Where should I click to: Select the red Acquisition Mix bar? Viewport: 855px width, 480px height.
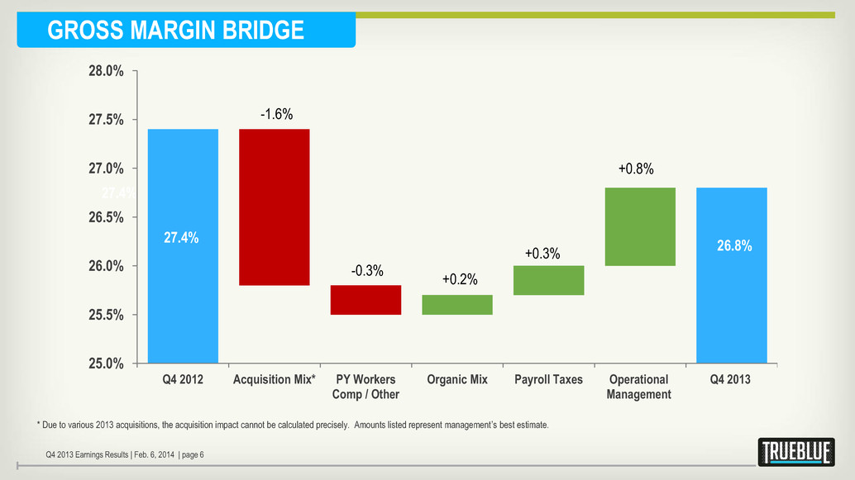click(274, 207)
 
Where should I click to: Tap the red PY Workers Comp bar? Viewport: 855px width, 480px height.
click(365, 300)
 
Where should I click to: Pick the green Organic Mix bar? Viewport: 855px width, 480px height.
click(457, 305)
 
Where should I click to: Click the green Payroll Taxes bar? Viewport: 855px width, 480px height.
click(549, 280)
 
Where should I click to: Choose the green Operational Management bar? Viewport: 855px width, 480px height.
click(640, 226)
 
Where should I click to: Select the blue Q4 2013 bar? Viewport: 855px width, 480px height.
click(732, 275)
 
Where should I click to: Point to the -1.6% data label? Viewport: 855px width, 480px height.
click(276, 114)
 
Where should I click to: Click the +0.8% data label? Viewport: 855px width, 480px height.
click(636, 169)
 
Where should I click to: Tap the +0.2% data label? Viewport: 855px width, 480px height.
click(460, 279)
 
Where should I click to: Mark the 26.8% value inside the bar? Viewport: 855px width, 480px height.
click(732, 246)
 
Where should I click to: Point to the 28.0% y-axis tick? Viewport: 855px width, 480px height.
click(107, 71)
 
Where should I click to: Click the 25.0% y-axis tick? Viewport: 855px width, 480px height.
click(107, 364)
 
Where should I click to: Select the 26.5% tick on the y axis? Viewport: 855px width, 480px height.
click(107, 217)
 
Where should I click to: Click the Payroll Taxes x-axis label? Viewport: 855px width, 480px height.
click(548, 380)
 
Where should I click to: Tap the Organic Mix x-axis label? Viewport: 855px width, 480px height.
click(457, 380)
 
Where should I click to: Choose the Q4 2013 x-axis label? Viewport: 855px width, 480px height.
click(732, 380)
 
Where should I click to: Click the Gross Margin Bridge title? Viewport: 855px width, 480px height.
click(175, 31)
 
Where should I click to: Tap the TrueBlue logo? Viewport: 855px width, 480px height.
click(795, 452)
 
